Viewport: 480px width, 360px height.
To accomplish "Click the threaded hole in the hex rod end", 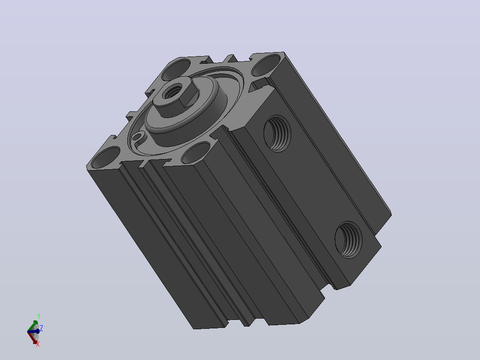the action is pyautogui.click(x=172, y=91).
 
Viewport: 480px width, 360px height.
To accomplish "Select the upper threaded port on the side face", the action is pyautogui.click(x=277, y=133).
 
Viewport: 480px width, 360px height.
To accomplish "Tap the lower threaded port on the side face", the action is pyautogui.click(x=348, y=240).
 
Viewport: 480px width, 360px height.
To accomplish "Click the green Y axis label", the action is pyautogui.click(x=39, y=316).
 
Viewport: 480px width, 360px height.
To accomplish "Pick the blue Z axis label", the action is pyautogui.click(x=41, y=328).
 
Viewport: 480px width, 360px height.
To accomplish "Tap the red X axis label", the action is pyautogui.click(x=38, y=345).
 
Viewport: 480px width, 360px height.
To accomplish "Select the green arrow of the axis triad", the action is pyautogui.click(x=33, y=326).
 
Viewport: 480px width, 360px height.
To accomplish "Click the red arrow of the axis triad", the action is pyautogui.click(x=33, y=337).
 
